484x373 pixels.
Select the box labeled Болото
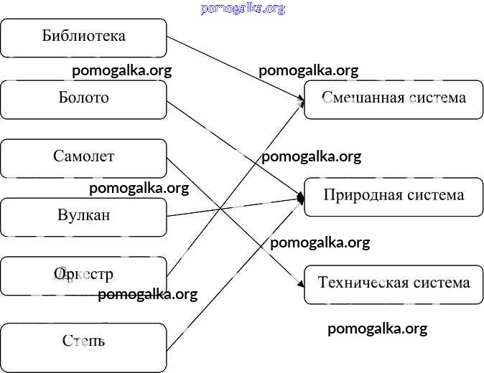(83, 98)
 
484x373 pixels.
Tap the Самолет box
(83, 157)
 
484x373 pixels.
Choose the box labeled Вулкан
(83, 216)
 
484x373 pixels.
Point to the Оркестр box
(83, 275)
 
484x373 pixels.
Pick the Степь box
(83, 341)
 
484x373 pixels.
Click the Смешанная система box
(394, 99)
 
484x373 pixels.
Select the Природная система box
(394, 196)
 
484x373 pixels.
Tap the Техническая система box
(394, 283)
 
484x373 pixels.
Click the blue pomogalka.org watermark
(243, 9)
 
